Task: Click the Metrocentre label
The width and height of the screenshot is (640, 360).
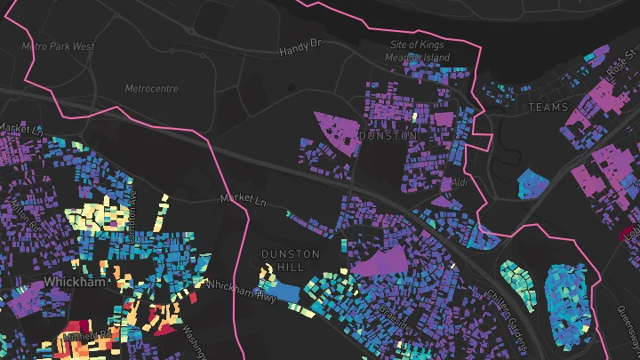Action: coord(151,89)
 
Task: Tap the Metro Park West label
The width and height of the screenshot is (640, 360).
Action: coord(58,45)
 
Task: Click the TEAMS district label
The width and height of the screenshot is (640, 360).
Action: coord(548,107)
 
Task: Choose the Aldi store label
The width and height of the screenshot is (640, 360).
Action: coord(460,182)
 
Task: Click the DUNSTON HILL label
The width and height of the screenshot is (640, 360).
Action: coord(290,260)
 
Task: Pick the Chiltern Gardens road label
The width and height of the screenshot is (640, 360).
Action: coord(509,311)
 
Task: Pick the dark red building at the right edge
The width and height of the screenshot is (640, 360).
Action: coord(629,235)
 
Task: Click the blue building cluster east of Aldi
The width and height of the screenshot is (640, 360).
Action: coord(532,182)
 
